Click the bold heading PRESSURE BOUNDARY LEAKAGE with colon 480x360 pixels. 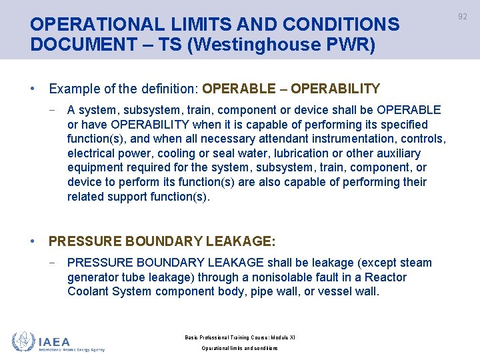tap(162, 241)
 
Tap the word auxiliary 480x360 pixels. tap(397, 153)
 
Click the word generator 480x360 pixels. tap(93, 277)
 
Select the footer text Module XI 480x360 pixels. tap(280, 337)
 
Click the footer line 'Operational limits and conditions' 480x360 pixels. tap(239, 348)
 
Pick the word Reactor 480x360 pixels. tap(385, 277)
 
